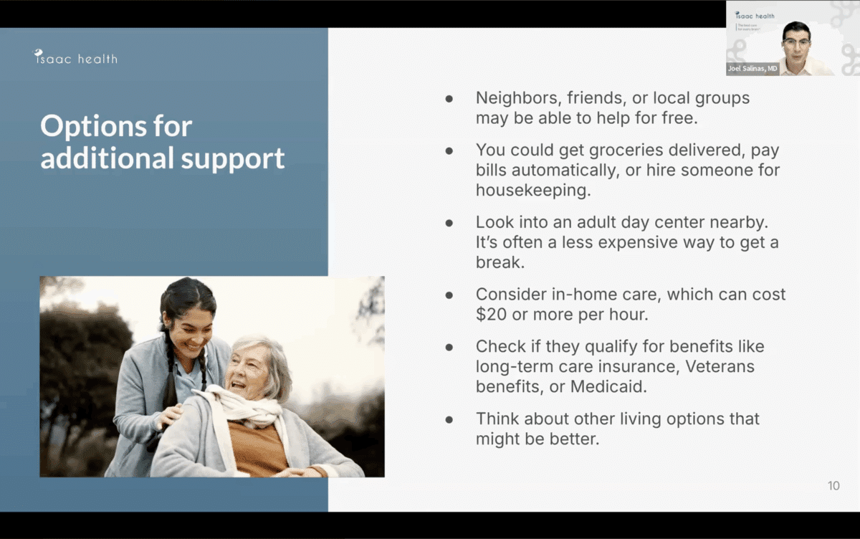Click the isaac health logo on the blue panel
pos(75,57)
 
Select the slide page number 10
pos(833,486)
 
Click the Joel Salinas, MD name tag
pos(752,69)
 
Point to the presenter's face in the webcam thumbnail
pos(796,42)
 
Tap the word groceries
pos(626,151)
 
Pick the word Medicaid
pos(609,386)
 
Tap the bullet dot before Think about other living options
pos(449,419)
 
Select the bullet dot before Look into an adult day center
pos(449,223)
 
